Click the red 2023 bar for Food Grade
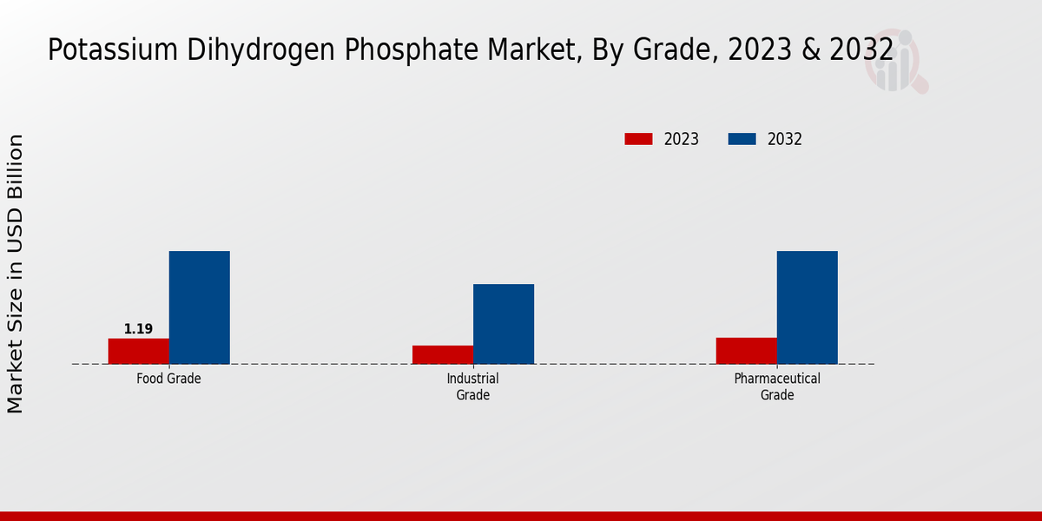[138, 351]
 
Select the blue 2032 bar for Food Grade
[199, 307]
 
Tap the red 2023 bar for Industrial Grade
[442, 354]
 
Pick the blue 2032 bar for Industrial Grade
[503, 324]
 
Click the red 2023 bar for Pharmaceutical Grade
[746, 351]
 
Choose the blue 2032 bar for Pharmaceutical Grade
[807, 307]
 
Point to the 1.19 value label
[138, 329]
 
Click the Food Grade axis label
[168, 379]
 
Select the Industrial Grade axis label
[472, 387]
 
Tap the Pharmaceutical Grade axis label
[776, 387]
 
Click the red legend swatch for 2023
[638, 139]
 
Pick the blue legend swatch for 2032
[742, 139]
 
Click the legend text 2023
[682, 139]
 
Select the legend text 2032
[785, 139]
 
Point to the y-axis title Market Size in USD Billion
[16, 274]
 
